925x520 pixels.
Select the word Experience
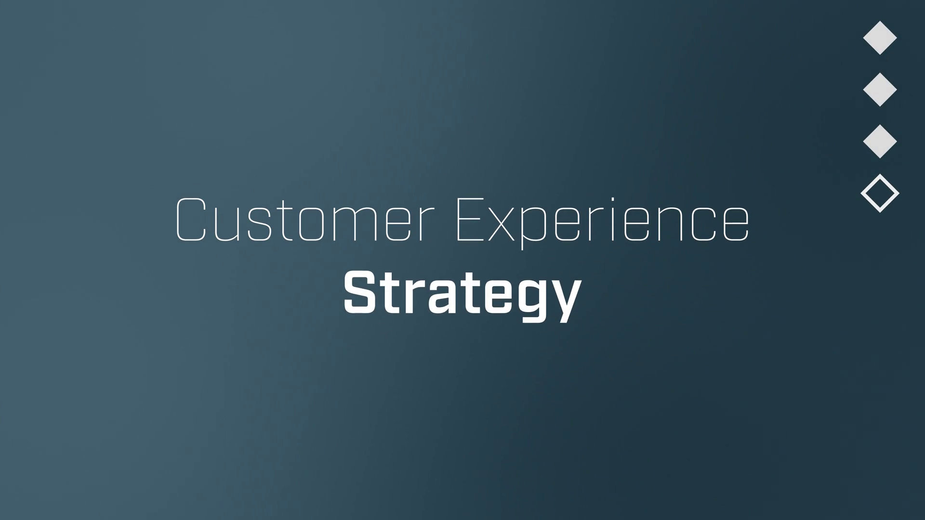pos(603,223)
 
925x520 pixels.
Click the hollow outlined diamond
pos(880,193)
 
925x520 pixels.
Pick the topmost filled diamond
pos(880,38)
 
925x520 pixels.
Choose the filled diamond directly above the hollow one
pos(880,142)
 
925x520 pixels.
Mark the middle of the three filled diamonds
pos(880,90)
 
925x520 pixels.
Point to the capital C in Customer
pos(191,220)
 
